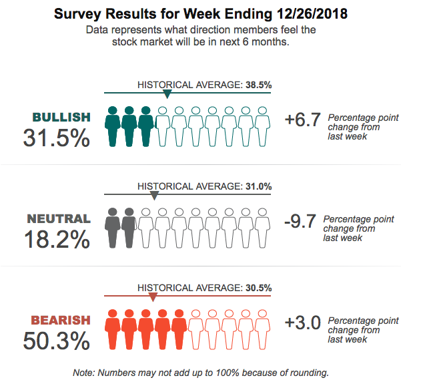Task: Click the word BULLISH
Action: (61, 118)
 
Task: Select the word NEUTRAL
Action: (59, 218)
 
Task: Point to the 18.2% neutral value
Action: (57, 239)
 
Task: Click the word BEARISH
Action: (60, 321)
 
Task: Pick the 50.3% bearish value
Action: (56, 341)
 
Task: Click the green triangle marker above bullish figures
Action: (167, 95)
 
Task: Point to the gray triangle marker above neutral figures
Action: (154, 196)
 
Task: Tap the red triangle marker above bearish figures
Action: (153, 297)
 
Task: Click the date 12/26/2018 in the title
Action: (311, 13)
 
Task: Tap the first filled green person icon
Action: (113, 126)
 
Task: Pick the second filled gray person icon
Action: (129, 228)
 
